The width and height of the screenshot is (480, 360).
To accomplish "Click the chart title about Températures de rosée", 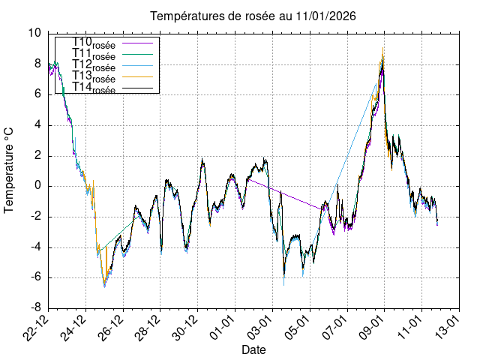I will (x=253, y=16).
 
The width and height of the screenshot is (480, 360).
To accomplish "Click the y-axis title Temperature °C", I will (x=10, y=170).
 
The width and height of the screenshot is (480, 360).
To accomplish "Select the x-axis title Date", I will (x=253, y=349).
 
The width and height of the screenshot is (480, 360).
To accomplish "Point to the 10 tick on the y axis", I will (x=35, y=33).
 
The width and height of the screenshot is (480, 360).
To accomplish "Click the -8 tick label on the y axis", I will (x=35, y=307).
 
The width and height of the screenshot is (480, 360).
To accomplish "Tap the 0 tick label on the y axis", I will (x=38, y=186).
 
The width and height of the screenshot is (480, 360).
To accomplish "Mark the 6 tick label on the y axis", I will (x=38, y=94).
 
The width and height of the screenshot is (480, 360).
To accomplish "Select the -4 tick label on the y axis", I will (x=35, y=247).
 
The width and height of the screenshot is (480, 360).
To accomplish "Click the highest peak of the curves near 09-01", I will (x=383, y=48).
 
